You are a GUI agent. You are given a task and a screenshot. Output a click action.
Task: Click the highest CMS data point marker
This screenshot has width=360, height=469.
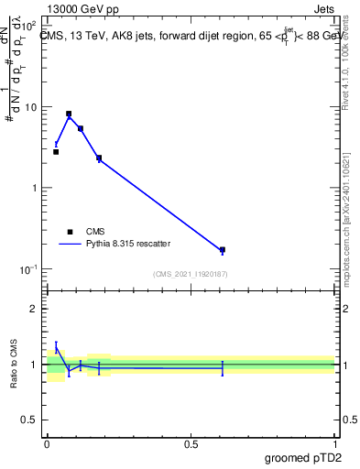coord(69,114)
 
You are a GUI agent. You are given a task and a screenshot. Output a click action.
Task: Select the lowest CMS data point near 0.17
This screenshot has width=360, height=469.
coord(223,249)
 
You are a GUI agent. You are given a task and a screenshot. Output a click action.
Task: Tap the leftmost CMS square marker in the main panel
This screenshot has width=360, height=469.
coord(56,152)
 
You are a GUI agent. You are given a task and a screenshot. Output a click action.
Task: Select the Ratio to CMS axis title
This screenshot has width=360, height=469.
coord(14,364)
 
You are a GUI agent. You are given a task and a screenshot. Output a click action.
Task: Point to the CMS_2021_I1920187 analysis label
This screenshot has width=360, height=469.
coord(190,274)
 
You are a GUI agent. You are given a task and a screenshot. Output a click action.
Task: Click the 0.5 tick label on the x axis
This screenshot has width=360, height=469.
coord(191,444)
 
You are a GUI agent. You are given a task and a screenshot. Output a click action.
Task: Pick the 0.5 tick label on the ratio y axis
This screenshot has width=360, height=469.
coord(29,420)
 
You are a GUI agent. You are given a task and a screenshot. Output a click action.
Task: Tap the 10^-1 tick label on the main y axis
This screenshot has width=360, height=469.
coord(27,268)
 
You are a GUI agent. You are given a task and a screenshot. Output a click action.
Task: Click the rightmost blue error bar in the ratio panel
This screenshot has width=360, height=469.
coord(223,367)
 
